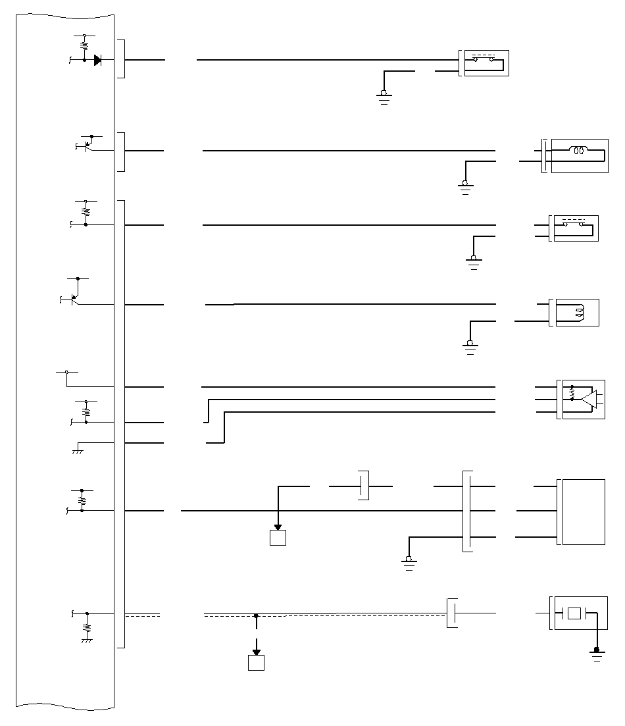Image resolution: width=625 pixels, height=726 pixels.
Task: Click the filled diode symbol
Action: [x=97, y=60]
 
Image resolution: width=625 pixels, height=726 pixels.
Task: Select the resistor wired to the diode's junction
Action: [x=84, y=46]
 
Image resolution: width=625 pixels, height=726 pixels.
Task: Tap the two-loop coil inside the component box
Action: [x=579, y=151]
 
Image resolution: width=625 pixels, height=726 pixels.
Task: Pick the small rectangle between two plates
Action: [x=574, y=613]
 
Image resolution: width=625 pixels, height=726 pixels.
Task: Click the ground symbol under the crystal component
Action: [x=597, y=654]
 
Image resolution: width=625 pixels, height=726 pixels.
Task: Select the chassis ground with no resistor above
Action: [x=78, y=450]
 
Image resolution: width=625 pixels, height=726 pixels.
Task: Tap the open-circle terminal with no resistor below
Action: [x=66, y=373]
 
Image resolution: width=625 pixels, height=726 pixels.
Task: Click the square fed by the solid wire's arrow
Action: [x=278, y=538]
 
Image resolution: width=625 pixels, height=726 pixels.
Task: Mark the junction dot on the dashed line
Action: [x=256, y=616]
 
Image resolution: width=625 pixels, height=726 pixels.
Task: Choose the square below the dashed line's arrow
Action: [x=256, y=663]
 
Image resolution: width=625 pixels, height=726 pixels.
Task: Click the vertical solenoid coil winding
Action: [x=580, y=313]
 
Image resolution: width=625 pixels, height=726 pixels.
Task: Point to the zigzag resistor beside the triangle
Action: [x=572, y=395]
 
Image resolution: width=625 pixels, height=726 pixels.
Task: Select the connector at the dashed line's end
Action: [x=451, y=613]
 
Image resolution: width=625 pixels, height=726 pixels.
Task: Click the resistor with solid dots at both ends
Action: [x=82, y=500]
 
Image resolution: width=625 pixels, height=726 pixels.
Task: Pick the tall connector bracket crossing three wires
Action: [x=467, y=511]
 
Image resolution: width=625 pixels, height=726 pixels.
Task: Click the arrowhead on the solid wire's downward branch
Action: [x=278, y=527]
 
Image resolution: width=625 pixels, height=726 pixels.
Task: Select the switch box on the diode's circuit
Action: [x=486, y=63]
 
